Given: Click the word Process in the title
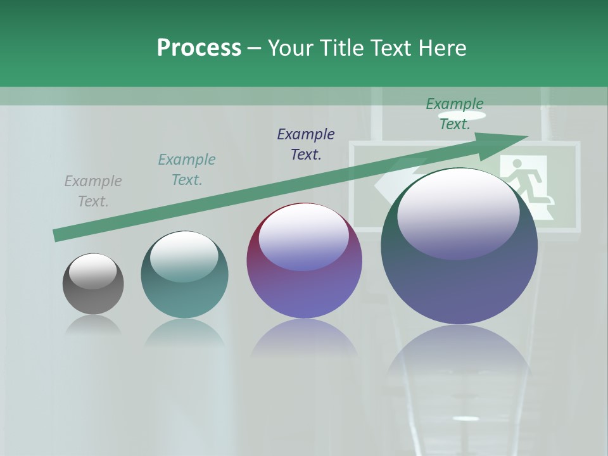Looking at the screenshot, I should pyautogui.click(x=199, y=48).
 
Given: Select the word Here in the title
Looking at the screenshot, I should pyautogui.click(x=441, y=48).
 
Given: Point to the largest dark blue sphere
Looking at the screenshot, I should pyautogui.click(x=459, y=279).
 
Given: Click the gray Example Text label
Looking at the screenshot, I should pyautogui.click(x=93, y=191).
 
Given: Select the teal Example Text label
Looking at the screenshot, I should pyautogui.click(x=187, y=170).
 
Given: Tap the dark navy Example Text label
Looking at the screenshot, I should pyautogui.click(x=306, y=144).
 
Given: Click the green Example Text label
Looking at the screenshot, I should pyautogui.click(x=455, y=114).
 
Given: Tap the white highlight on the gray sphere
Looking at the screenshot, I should pyautogui.click(x=93, y=271).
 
